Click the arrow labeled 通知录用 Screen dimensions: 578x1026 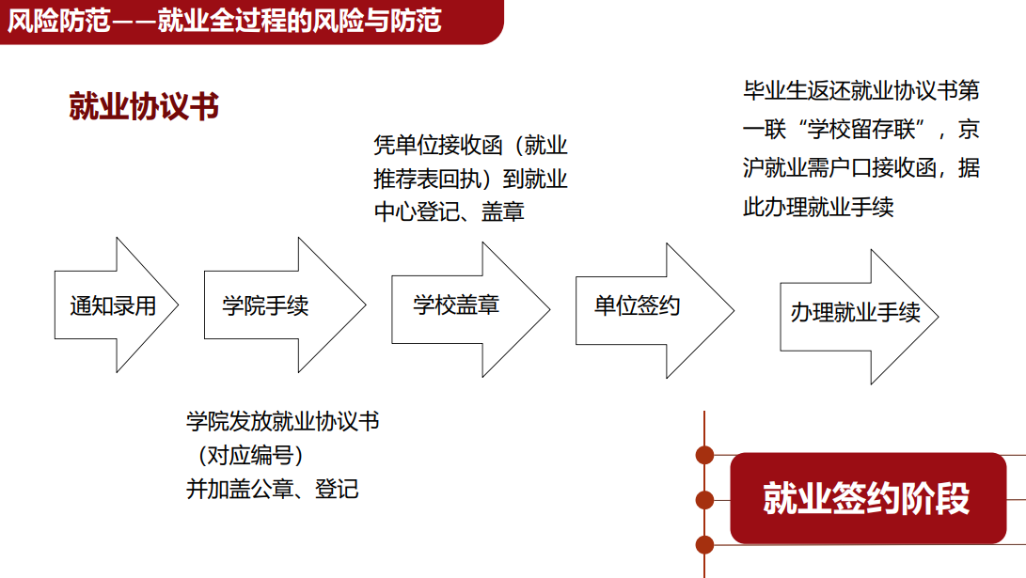pos(113,305)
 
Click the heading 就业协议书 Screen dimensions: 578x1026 pos(144,107)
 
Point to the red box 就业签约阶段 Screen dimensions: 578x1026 pos(867,499)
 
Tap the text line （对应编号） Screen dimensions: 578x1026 pos(250,455)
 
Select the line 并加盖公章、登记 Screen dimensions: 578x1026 pos(273,489)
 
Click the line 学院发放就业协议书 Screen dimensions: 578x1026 pos(283,421)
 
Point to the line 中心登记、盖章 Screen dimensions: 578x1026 pos(450,211)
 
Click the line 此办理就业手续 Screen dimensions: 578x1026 pos(818,207)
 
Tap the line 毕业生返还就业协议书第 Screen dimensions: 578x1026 pos(861,91)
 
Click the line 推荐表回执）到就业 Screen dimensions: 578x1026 pos(470,179)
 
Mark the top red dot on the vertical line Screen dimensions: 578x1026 pos(703,456)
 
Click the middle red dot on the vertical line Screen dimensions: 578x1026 pos(703,499)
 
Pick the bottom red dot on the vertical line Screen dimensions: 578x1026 pos(703,542)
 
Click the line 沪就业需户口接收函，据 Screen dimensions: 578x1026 pos(861,168)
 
